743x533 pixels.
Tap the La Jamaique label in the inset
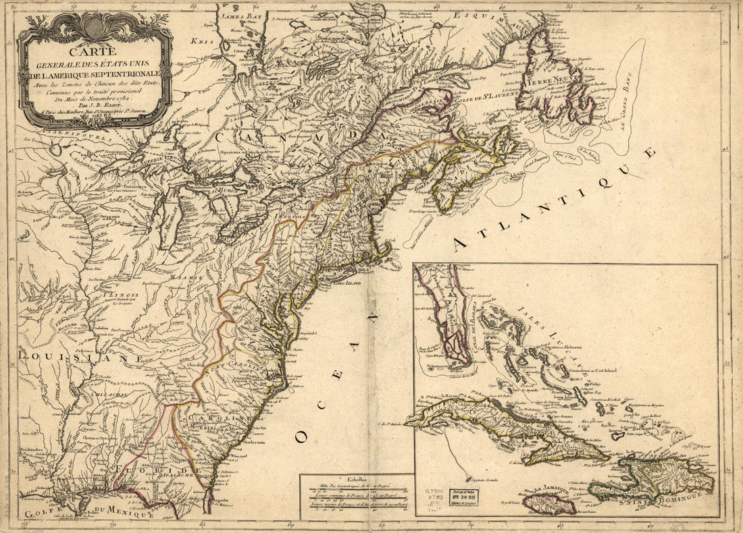click(548, 490)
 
